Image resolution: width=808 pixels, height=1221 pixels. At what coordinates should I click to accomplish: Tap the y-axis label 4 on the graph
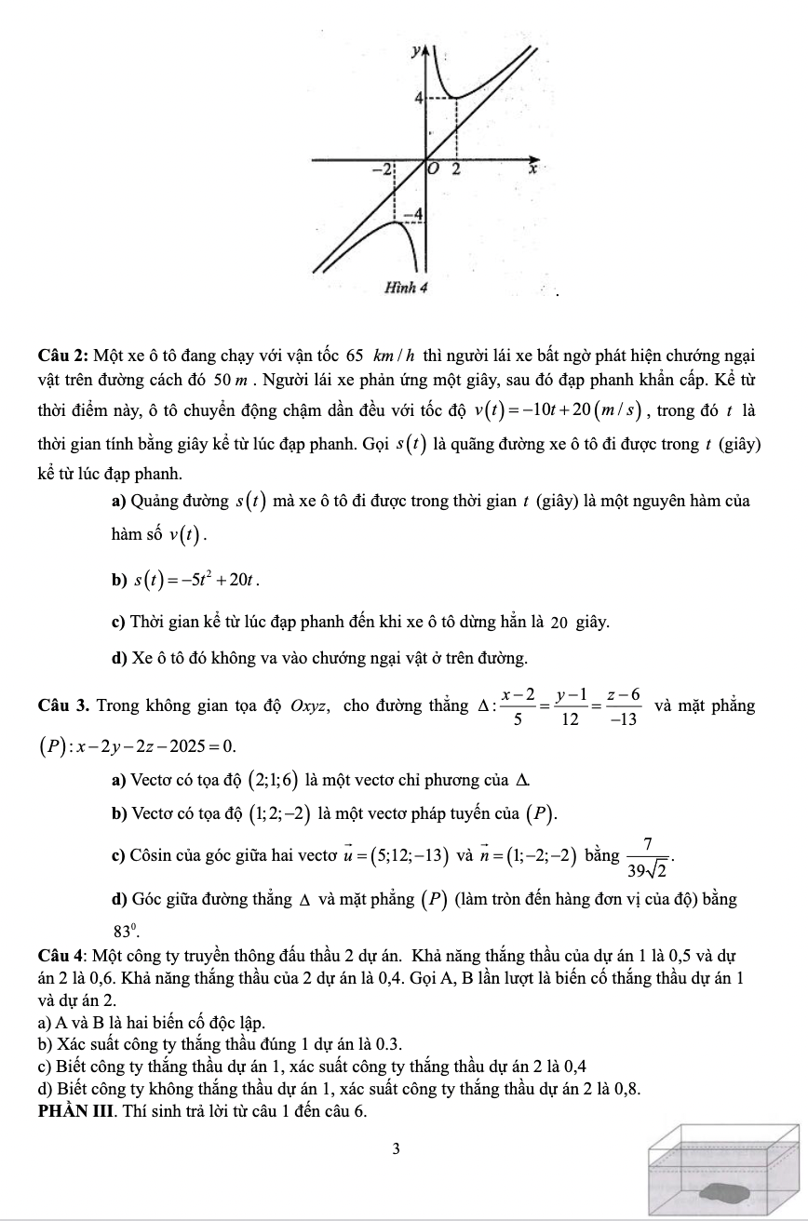coord(419,97)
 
